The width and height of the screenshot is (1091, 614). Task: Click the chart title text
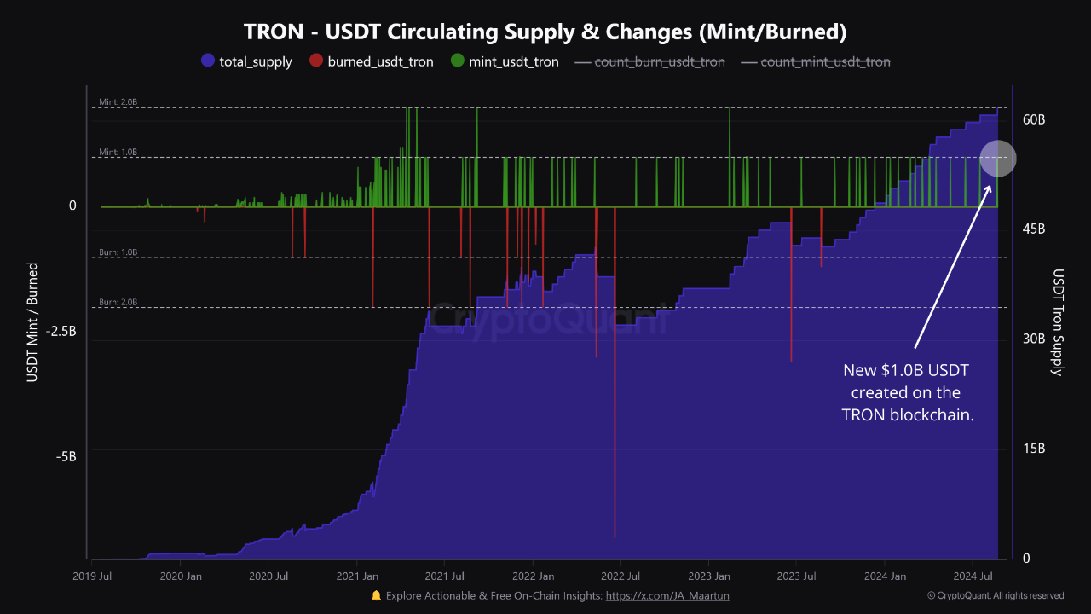point(545,32)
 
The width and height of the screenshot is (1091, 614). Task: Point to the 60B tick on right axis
point(1034,119)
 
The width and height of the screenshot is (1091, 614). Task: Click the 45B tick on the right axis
point(1034,229)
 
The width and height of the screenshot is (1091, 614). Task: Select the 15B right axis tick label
point(1034,449)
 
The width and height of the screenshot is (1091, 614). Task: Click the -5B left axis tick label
point(66,456)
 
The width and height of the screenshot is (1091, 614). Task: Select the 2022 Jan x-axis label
point(534,576)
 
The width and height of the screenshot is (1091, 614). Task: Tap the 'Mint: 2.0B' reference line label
point(118,102)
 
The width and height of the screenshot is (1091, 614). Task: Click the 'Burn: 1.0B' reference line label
point(118,252)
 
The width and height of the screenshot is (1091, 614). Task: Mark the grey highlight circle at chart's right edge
point(997,158)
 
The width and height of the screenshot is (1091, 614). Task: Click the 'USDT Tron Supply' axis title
point(1059,322)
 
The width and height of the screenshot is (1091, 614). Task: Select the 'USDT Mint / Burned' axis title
point(33,321)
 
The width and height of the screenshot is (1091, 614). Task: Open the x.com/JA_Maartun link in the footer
point(667,596)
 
